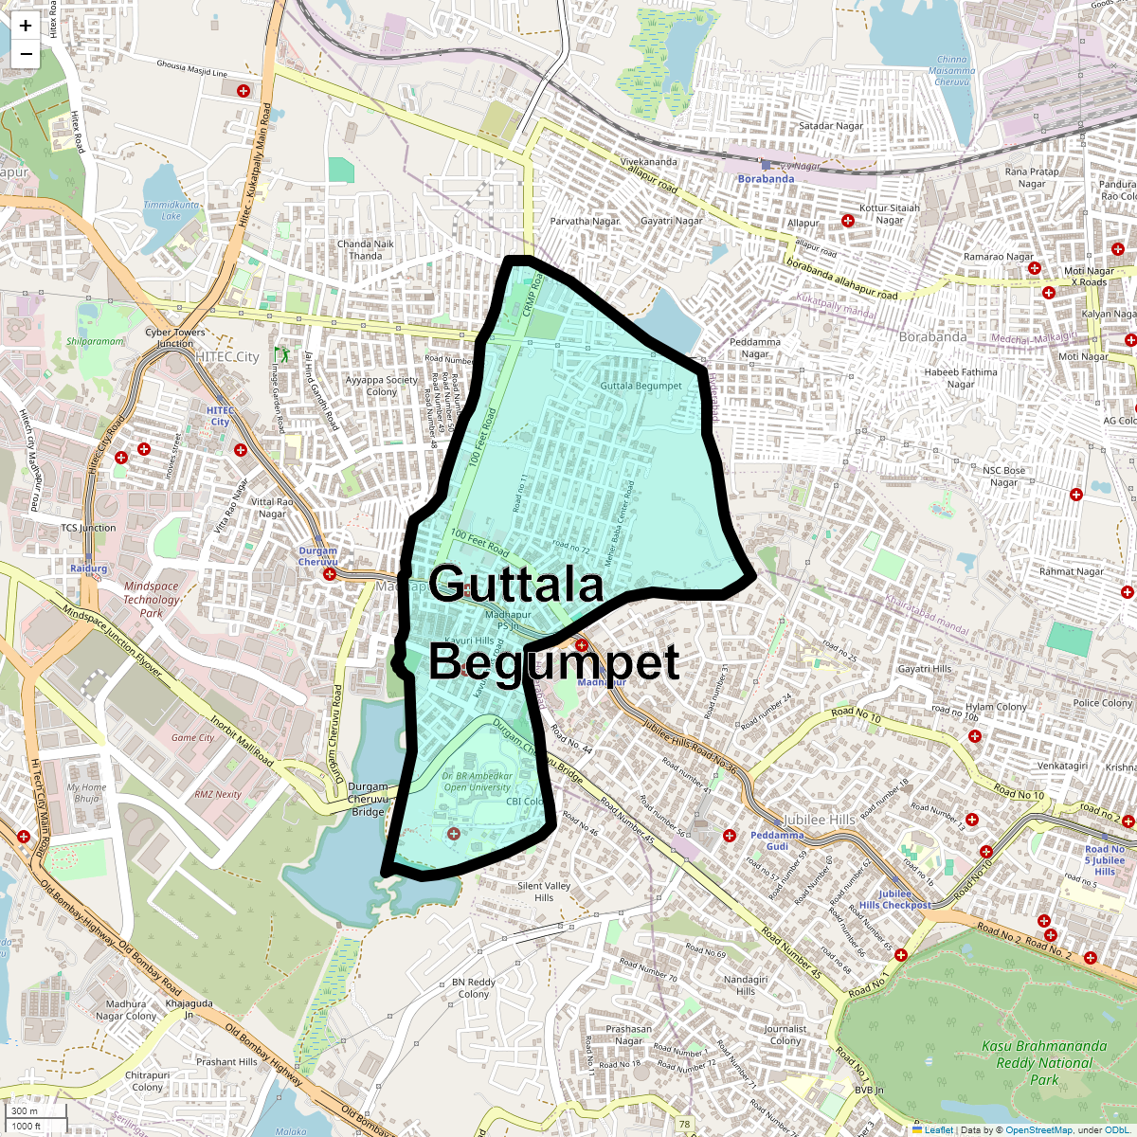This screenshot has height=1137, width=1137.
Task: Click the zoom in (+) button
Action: click(x=26, y=27)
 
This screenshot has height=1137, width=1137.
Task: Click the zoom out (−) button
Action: click(x=26, y=55)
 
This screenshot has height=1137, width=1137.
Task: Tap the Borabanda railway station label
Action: click(x=766, y=178)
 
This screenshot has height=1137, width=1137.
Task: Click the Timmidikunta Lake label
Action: click(x=171, y=209)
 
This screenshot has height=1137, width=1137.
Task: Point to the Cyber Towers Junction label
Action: click(x=175, y=337)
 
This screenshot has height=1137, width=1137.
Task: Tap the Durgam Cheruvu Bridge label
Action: click(x=368, y=799)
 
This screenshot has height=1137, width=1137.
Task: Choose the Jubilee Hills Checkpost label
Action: click(x=894, y=899)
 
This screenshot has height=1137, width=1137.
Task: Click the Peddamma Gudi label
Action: click(x=777, y=840)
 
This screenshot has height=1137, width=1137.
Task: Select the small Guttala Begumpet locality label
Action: click(x=641, y=386)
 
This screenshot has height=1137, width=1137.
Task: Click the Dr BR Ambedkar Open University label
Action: click(x=477, y=782)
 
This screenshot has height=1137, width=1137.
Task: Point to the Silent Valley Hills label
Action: click(x=544, y=892)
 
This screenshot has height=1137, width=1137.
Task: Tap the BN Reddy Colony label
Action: click(x=474, y=988)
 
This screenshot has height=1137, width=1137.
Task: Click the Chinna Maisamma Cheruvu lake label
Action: click(x=952, y=70)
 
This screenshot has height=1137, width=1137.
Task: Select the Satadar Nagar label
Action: click(x=831, y=125)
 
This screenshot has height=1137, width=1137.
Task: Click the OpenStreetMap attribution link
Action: click(x=1038, y=1129)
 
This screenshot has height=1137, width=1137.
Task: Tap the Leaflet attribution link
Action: click(x=939, y=1129)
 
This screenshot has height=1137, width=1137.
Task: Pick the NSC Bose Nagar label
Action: click(x=1003, y=476)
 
